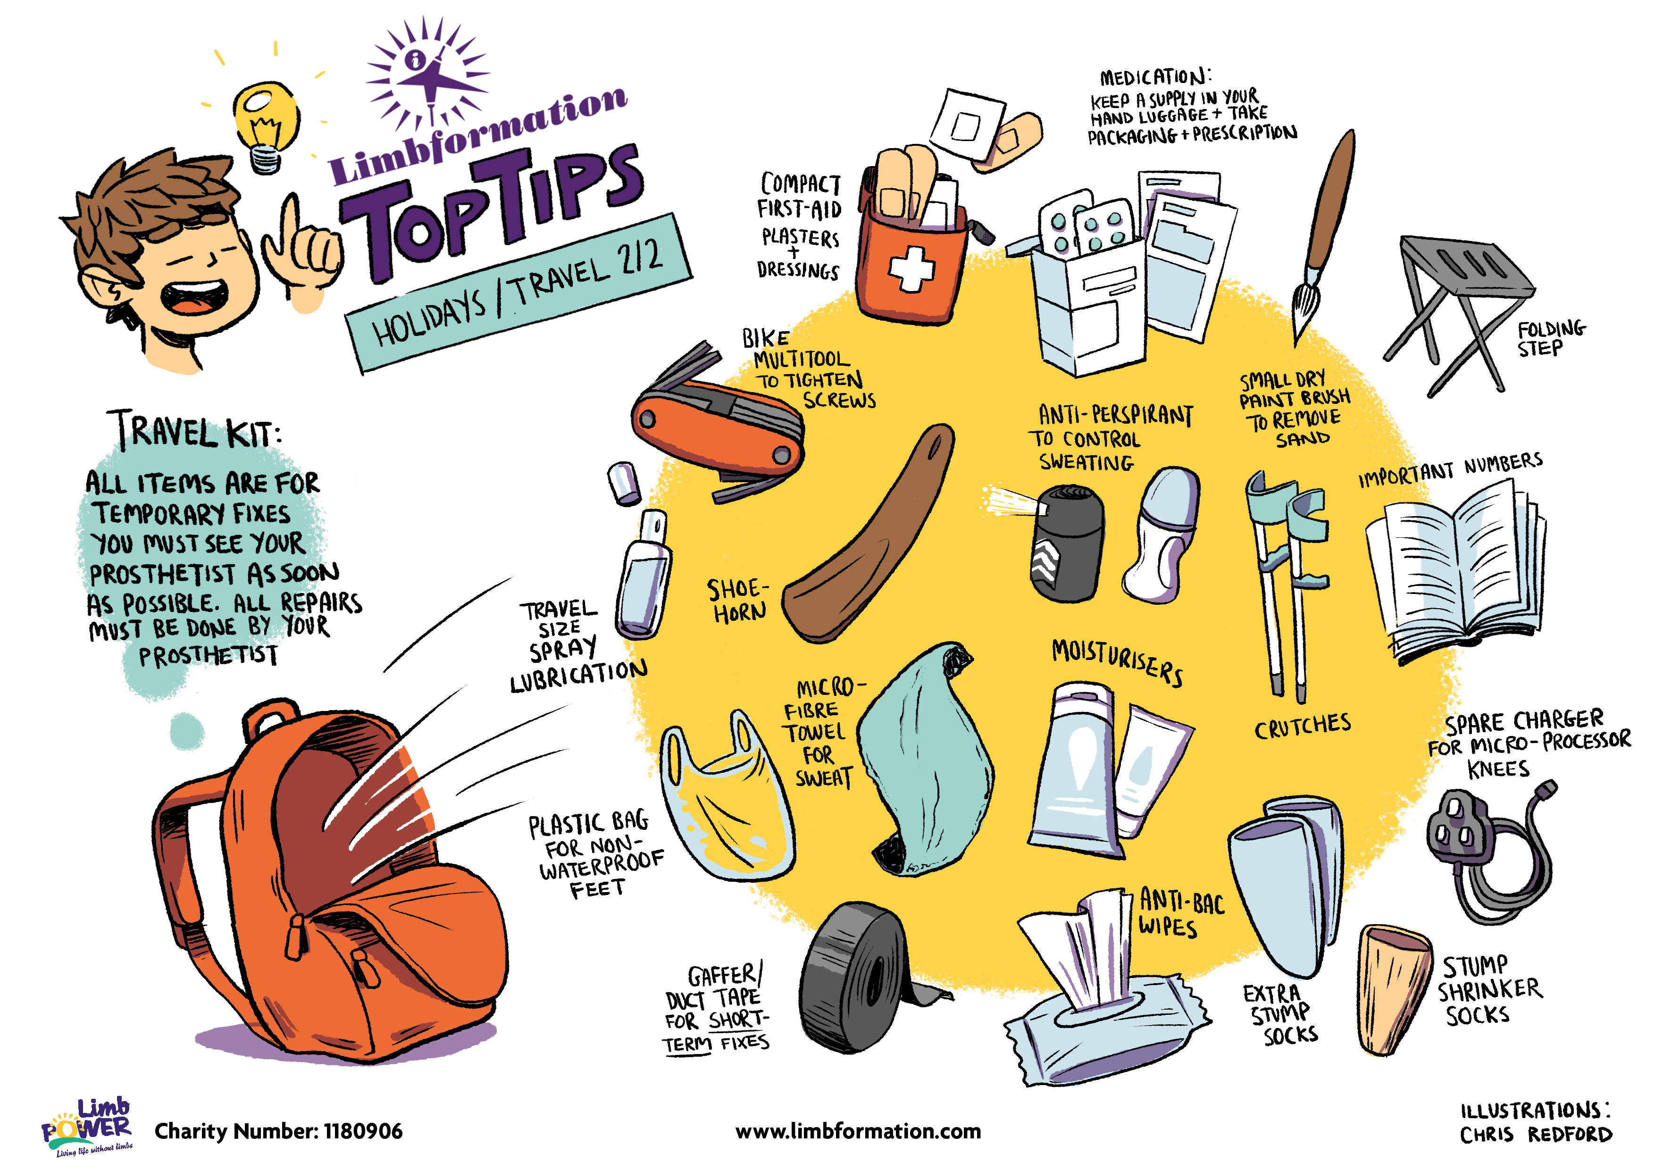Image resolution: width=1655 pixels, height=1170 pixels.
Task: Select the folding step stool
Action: click(1460, 314)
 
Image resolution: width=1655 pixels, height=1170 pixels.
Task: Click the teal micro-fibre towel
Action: click(926, 760)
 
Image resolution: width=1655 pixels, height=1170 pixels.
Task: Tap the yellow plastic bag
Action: click(728, 800)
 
